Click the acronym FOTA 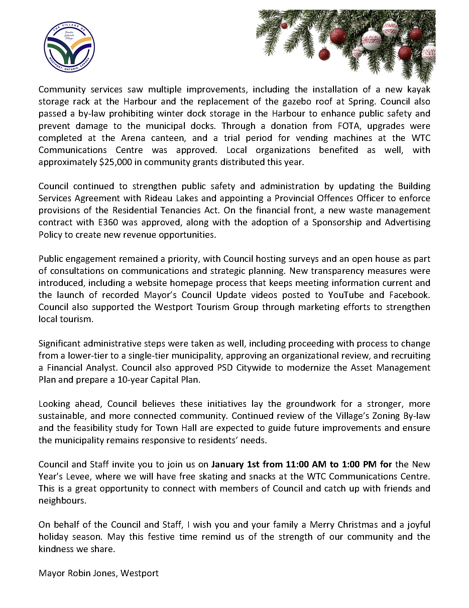pyautogui.click(x=348, y=126)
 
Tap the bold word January pyautogui.click(x=228, y=464)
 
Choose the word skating pyautogui.click(x=211, y=476)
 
